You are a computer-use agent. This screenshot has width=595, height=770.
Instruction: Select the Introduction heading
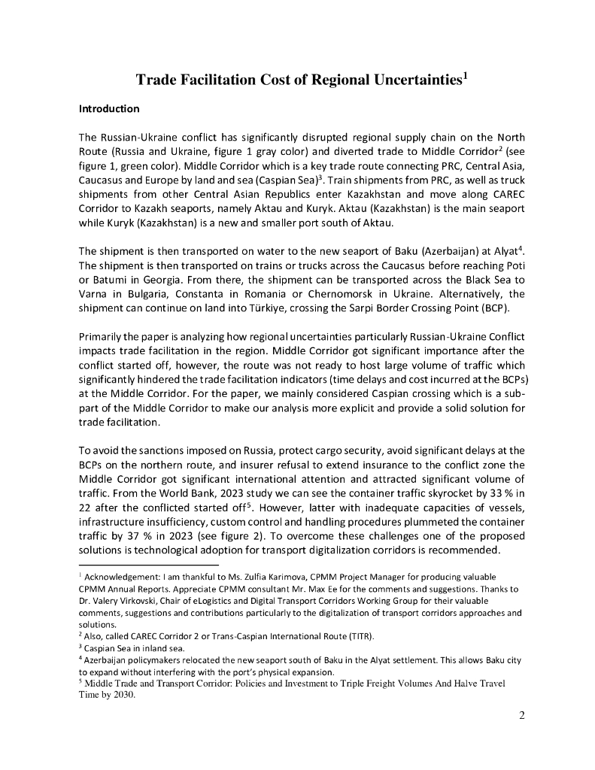click(109, 109)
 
